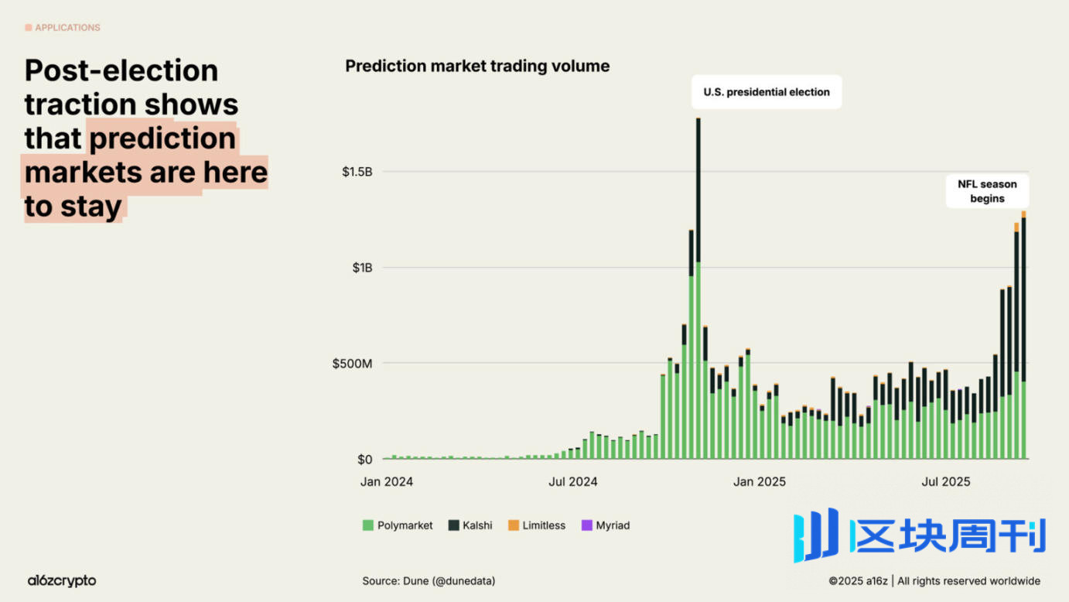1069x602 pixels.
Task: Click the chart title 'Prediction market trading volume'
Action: click(x=477, y=67)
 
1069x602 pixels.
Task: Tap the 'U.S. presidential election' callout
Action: click(x=766, y=92)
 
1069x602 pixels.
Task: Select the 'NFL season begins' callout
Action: click(x=987, y=191)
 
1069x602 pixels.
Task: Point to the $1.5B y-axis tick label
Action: click(x=357, y=172)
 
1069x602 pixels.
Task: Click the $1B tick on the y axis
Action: click(x=362, y=268)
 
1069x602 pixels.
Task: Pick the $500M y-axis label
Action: click(x=352, y=364)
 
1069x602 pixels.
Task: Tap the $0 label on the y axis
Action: click(x=364, y=460)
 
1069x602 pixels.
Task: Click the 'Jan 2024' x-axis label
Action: click(x=387, y=482)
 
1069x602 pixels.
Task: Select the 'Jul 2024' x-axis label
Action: click(x=573, y=482)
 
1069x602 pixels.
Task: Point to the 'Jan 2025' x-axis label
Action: click(x=760, y=482)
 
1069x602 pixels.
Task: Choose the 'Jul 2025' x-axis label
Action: click(x=945, y=482)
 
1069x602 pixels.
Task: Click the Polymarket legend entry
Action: click(x=398, y=525)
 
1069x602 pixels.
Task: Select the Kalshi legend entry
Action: click(x=470, y=525)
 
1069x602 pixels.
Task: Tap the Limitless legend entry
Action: click(x=537, y=525)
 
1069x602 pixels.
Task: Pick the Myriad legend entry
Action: click(x=606, y=525)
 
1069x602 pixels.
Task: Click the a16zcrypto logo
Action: click(x=62, y=580)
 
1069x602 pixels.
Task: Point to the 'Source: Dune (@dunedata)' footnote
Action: click(x=429, y=580)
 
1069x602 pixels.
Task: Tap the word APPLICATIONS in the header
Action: click(x=67, y=28)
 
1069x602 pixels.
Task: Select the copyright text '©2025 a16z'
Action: click(x=858, y=581)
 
